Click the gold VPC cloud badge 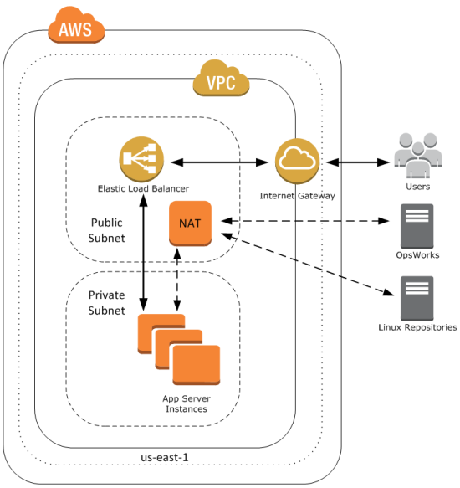coord(221,79)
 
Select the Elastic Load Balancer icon coord(141,159)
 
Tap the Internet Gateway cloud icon coord(298,161)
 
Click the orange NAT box coord(191,223)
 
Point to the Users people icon coord(417,156)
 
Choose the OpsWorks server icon coord(417,226)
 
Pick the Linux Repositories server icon coord(417,298)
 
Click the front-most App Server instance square coord(197,365)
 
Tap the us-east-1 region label coord(165,457)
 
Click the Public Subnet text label coord(107,230)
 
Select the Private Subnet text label coord(107,302)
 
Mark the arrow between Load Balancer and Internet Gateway coord(220,162)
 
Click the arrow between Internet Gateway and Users coord(358,162)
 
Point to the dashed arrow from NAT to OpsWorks coord(304,221)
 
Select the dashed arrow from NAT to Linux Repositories coord(308,264)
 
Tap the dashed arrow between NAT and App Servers coord(177,280)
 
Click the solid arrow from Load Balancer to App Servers coord(143,253)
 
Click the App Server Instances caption coord(187,403)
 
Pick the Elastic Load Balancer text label coord(143,188)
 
